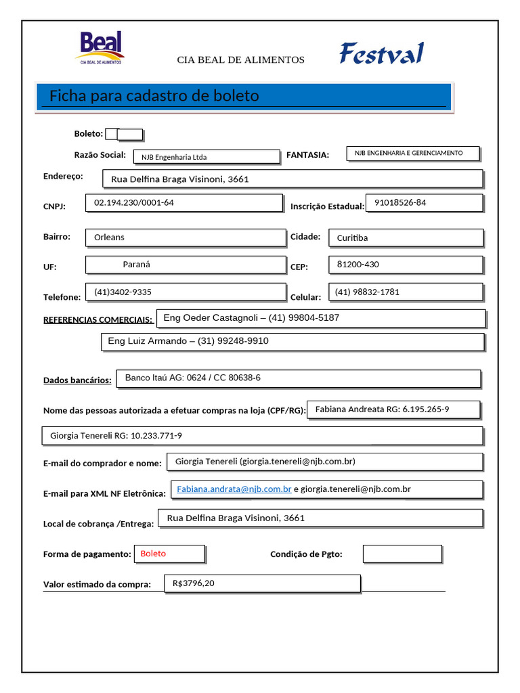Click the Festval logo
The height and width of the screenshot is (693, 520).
click(381, 53)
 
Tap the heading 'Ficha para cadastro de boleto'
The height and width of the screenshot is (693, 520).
click(154, 96)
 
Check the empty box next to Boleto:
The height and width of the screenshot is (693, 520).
click(129, 134)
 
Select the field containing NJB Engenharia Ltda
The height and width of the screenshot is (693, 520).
click(206, 157)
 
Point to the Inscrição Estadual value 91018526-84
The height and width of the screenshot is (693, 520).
click(400, 202)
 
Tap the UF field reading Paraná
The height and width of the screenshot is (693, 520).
click(136, 265)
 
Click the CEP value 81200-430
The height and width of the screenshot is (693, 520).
click(359, 265)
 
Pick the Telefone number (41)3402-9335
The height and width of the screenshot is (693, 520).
click(123, 292)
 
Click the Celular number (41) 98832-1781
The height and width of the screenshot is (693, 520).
click(367, 292)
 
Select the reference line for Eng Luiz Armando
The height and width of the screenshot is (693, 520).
click(188, 341)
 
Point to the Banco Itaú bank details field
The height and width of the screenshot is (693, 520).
click(193, 378)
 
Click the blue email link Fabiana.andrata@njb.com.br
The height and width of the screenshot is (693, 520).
click(234, 489)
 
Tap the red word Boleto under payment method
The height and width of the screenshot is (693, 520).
click(153, 554)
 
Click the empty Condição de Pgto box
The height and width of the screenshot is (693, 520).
click(402, 554)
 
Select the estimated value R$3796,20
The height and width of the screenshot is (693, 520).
click(194, 583)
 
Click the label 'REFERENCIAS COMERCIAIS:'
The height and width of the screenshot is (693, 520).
click(98, 319)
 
